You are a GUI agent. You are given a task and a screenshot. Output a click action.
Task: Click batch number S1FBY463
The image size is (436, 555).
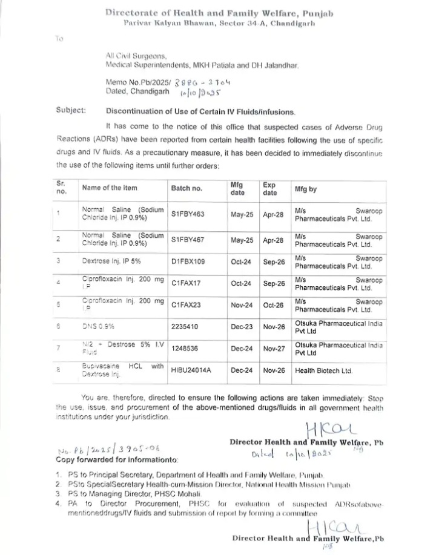click(x=188, y=214)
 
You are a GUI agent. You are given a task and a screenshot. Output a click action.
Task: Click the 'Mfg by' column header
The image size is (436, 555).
click(x=308, y=188)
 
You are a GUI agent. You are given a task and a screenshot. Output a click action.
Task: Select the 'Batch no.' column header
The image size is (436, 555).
click(x=187, y=188)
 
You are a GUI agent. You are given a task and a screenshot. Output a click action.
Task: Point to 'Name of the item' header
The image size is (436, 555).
click(x=114, y=188)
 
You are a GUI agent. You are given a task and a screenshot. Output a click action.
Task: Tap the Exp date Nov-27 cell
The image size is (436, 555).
click(x=273, y=349)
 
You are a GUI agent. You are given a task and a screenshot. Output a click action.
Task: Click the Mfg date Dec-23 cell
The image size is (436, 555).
click(x=245, y=327)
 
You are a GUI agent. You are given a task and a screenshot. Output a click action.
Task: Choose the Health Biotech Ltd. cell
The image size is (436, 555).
click(x=323, y=370)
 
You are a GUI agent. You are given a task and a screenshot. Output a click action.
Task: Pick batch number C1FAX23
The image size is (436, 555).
click(x=185, y=306)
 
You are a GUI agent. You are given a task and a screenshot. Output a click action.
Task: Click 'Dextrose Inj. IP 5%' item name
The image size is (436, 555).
click(x=112, y=261)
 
